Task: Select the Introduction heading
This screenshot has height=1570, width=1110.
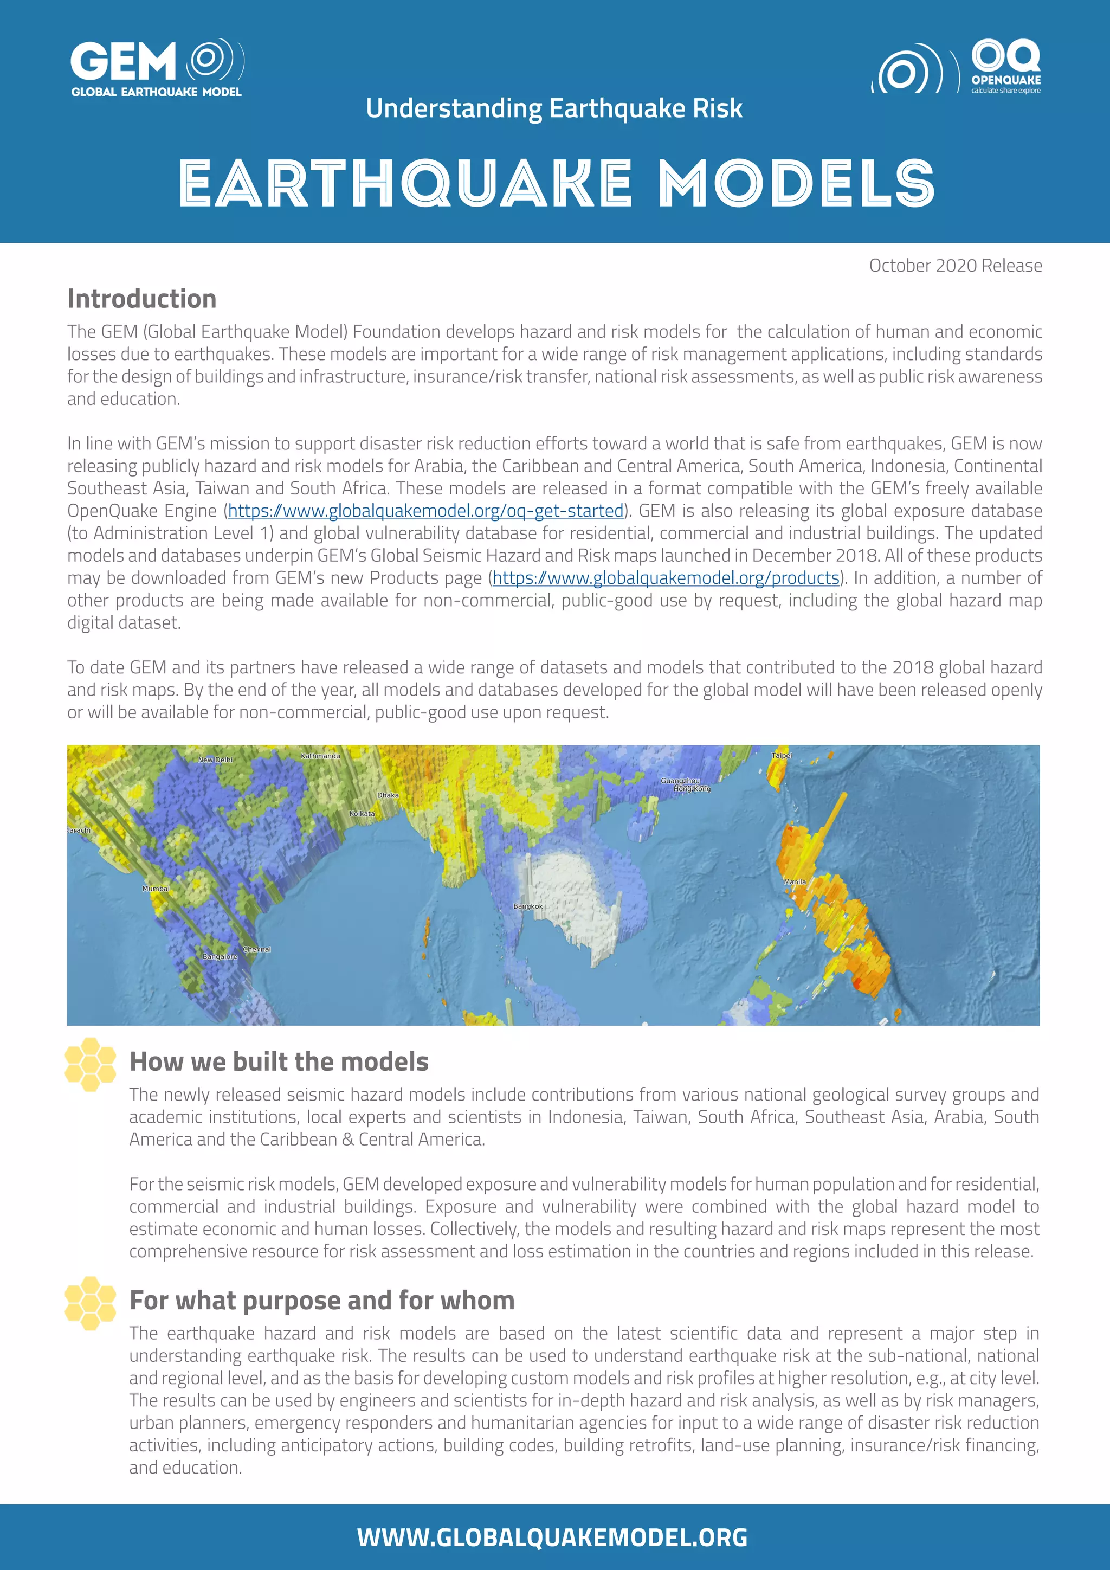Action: (141, 299)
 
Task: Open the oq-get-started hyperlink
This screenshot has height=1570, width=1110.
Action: (426, 511)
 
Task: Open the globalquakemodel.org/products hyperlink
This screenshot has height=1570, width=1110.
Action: (666, 578)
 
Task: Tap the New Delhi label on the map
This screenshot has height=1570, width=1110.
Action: (215, 760)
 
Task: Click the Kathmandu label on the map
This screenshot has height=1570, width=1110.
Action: (320, 756)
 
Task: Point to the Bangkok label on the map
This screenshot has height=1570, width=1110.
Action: (528, 906)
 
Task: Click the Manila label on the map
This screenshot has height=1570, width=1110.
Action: (794, 881)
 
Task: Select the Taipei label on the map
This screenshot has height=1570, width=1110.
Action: (781, 756)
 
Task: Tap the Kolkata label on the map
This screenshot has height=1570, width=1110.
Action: (362, 814)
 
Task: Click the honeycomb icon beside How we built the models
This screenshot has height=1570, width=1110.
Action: (90, 1064)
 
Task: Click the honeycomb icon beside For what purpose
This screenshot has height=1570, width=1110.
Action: (90, 1303)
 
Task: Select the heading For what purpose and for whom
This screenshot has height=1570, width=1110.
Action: (321, 1300)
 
